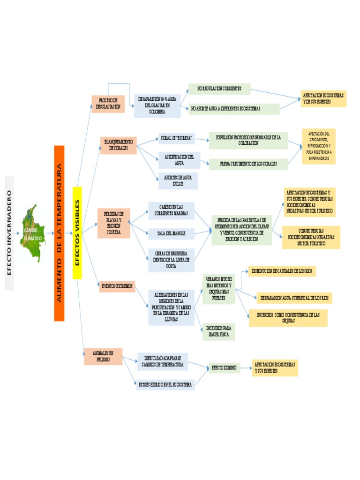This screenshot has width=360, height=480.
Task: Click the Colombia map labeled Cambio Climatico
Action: tap(32, 233)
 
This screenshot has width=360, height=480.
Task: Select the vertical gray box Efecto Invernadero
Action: tap(9, 233)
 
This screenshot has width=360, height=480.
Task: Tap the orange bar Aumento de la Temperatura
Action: tap(59, 233)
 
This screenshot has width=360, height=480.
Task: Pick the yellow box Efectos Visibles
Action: tap(77, 233)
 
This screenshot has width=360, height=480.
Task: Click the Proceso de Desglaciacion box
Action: tap(108, 104)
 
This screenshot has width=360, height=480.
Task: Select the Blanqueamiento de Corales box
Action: tap(118, 145)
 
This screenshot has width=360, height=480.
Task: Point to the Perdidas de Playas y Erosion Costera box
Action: tap(113, 223)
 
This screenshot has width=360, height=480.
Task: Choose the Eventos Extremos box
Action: tap(117, 286)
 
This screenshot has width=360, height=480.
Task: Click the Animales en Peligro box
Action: tap(103, 356)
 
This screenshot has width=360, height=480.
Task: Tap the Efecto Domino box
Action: tap(224, 368)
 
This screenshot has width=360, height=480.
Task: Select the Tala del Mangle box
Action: tap(171, 232)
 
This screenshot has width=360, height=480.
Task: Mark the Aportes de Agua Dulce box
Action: tap(178, 181)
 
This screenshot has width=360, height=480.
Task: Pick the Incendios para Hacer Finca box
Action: tap(218, 331)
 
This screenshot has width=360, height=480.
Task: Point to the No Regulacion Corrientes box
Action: tap(219, 89)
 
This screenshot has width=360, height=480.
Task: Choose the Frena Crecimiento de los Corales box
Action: tap(248, 164)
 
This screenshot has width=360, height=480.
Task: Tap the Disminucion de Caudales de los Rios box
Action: tap(283, 271)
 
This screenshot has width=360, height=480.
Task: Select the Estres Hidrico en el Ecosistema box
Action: tap(165, 384)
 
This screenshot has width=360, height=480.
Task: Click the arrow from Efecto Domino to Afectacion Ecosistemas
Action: tap(246, 368)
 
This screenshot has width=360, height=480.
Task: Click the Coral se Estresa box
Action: tap(176, 139)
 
